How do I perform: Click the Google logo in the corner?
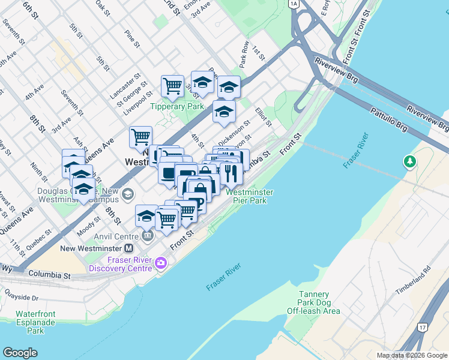click(20, 353)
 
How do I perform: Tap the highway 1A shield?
click(293, 4)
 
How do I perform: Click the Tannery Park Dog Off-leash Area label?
click(313, 302)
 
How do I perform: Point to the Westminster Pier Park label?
click(250, 196)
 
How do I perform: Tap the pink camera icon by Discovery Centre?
click(160, 263)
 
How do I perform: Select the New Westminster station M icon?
click(128, 248)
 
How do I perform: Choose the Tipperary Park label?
click(177, 107)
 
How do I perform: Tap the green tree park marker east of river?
click(410, 161)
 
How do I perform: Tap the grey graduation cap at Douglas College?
click(127, 194)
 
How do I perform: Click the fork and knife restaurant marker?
click(231, 173)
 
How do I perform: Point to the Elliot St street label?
click(264, 117)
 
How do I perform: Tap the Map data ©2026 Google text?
click(412, 355)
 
